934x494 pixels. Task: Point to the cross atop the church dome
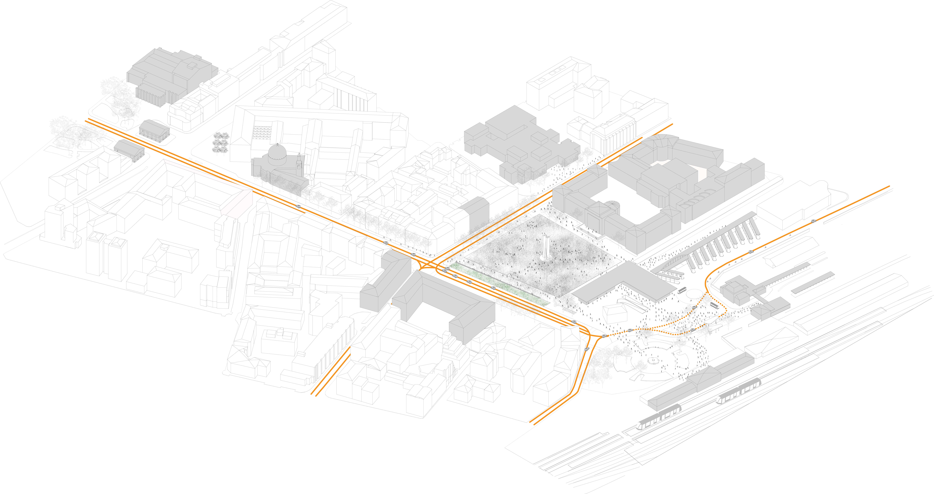(277, 145)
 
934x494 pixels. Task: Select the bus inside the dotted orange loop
(715, 305)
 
